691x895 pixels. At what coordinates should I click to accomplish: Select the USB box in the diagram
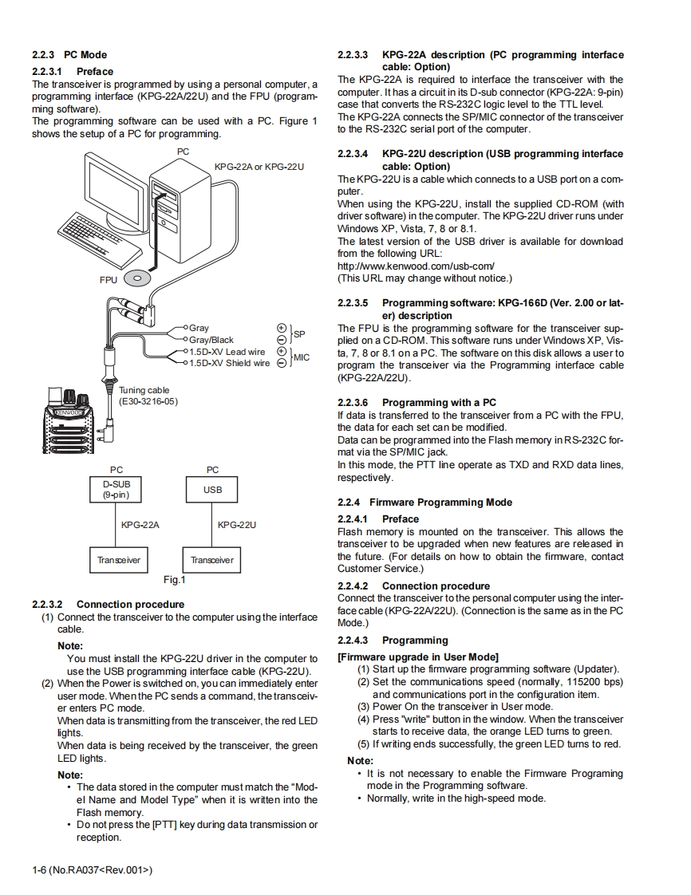(212, 490)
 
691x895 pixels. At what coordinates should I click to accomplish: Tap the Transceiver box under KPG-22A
(118, 560)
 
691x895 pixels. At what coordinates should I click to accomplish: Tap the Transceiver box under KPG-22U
(212, 560)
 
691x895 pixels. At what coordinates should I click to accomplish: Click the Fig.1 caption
(174, 580)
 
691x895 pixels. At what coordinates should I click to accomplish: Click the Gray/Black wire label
(211, 340)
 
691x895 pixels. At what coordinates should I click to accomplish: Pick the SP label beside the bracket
(300, 333)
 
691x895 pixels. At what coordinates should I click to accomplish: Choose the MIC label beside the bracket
(302, 357)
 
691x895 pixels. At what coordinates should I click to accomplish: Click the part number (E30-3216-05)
(148, 401)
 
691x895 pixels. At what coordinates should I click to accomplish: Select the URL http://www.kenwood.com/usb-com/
(416, 266)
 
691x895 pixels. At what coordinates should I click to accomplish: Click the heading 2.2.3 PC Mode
(69, 55)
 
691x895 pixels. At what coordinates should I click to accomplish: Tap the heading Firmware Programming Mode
(440, 502)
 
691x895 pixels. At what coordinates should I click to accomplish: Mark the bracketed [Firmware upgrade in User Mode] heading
(418, 656)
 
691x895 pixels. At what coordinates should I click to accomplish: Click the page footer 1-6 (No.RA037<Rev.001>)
(92, 869)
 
